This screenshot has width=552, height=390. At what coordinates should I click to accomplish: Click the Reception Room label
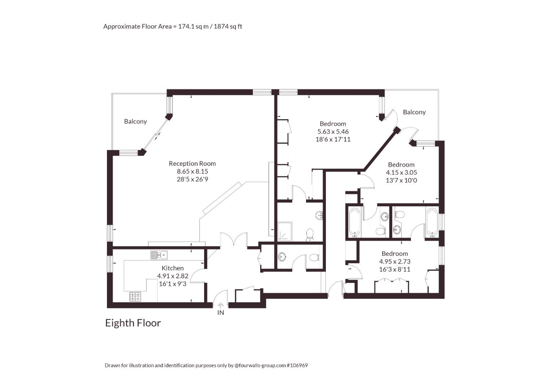pos(192,164)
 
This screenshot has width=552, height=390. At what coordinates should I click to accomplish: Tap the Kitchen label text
pos(173,268)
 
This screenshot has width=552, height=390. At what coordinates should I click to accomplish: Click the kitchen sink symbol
pos(159,255)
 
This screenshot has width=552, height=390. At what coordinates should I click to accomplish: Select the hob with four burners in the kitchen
pos(135,296)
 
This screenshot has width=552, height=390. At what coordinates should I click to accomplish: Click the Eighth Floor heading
pos(133,323)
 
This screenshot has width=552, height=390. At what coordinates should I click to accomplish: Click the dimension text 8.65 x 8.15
pos(192,172)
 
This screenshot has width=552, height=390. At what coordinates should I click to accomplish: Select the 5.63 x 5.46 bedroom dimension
pos(333,131)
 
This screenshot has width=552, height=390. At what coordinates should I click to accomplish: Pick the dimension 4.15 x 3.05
pos(401,173)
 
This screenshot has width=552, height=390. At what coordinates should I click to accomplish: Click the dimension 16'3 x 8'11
pos(395,269)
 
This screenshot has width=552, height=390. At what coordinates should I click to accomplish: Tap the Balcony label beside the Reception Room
pos(135,121)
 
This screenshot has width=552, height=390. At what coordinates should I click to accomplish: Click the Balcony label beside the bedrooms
pos(414,112)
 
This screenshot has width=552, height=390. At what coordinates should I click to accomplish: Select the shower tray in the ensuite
pos(285,231)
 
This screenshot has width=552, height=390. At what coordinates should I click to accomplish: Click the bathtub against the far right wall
pos(432,222)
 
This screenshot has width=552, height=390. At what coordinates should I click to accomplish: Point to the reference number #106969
pos(297,365)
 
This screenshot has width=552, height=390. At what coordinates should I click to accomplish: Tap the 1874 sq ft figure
pos(228,26)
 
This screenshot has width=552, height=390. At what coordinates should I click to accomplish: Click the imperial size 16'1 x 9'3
pos(173,284)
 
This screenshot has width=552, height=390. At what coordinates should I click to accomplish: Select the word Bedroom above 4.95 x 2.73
pos(395,253)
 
